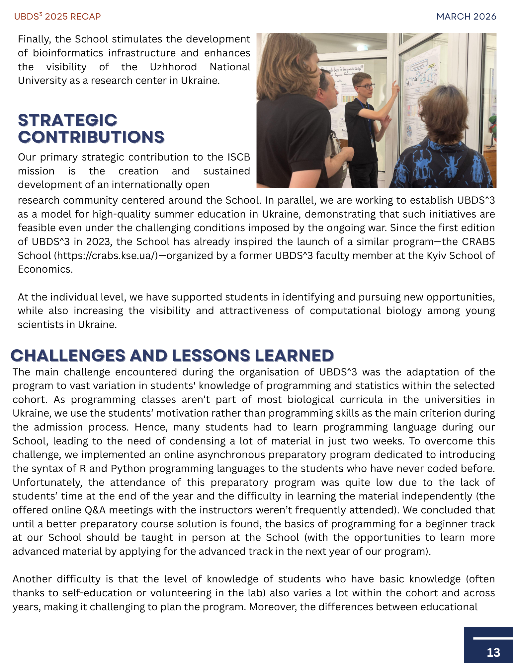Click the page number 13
[493, 652]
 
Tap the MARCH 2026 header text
[466, 17]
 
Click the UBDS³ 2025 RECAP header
[57, 17]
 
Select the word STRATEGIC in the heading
[68, 120]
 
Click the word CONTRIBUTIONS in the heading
[91, 137]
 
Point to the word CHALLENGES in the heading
[68, 356]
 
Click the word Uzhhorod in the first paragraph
[173, 67]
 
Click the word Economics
[45, 269]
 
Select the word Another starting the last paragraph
[32, 579]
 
